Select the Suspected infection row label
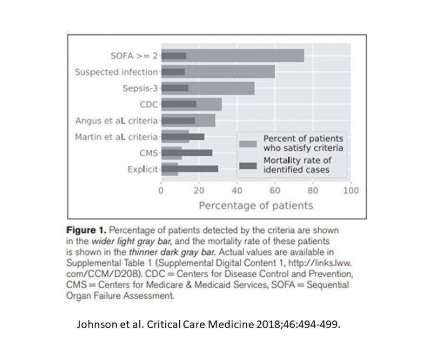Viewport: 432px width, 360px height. point(116,72)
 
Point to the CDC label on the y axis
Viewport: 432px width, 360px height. point(148,104)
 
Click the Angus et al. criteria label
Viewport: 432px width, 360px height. point(117,120)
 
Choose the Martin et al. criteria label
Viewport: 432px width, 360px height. point(116,136)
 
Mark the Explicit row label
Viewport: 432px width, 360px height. point(142,169)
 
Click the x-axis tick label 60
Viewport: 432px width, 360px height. point(275,191)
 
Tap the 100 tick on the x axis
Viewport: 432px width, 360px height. point(351,191)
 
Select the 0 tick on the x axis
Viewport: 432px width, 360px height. point(161,191)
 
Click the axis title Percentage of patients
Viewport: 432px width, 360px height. point(256,206)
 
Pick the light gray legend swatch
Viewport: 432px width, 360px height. point(248,144)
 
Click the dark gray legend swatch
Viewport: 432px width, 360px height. point(248,165)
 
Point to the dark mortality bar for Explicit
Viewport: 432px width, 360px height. point(190,169)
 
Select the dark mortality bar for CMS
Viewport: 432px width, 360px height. point(186,152)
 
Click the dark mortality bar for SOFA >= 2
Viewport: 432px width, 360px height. point(173,56)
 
